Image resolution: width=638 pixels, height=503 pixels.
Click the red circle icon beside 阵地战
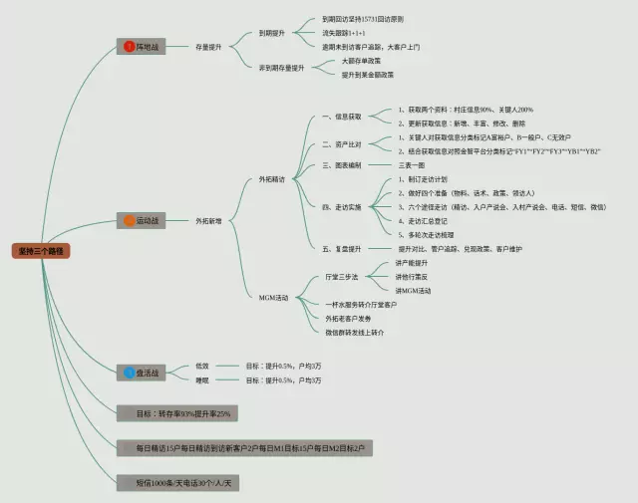(x=129, y=47)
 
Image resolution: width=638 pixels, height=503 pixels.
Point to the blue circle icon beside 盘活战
(x=129, y=373)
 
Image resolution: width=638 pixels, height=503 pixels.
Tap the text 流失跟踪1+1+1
(x=347, y=32)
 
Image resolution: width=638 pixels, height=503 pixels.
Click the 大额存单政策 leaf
(x=362, y=61)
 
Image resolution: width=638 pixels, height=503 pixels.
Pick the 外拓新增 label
(x=209, y=220)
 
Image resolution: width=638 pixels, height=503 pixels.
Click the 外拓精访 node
(x=271, y=179)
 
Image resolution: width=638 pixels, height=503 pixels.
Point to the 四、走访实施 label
(x=341, y=206)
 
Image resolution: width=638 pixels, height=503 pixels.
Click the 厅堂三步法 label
(x=341, y=276)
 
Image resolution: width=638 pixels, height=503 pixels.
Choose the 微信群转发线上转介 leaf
(x=355, y=332)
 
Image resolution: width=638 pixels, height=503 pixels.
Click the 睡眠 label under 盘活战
(x=202, y=379)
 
